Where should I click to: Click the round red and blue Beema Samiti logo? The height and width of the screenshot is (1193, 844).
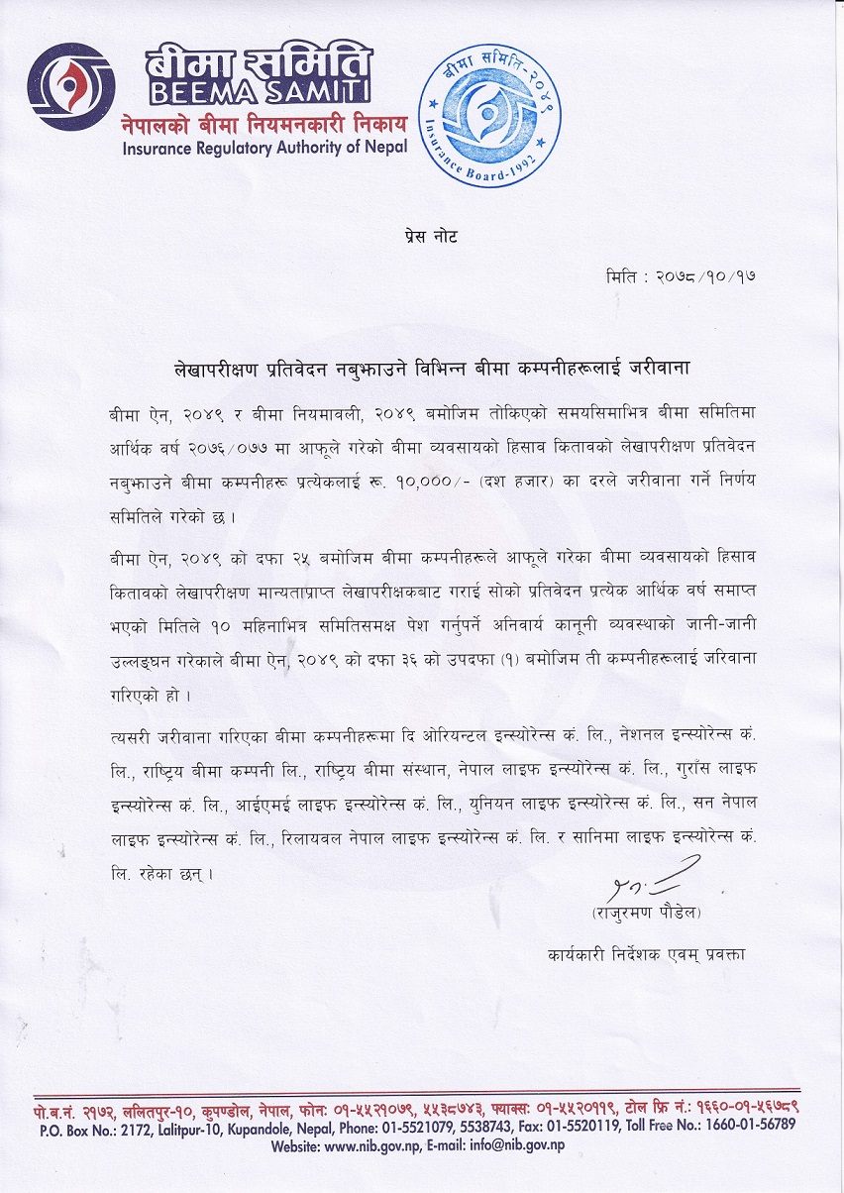click(x=71, y=87)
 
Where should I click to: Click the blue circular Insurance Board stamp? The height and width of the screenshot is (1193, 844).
click(x=489, y=114)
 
